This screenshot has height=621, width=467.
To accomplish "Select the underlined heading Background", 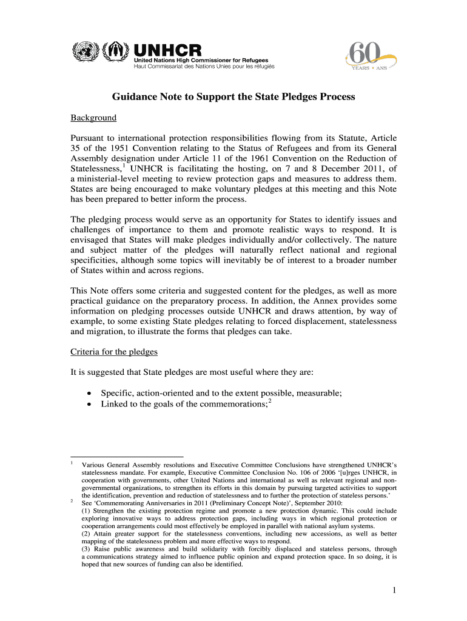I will click(93, 118).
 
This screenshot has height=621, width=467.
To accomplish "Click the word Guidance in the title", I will click(133, 97).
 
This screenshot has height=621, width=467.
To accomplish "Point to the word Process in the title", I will click(337, 97).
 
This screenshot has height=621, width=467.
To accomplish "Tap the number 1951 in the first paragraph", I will click(118, 148).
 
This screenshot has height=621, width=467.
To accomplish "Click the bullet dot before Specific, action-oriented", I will click(89, 393).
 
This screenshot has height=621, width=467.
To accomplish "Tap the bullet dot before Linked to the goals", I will click(89, 404).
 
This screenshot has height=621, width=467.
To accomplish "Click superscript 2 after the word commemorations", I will click(270, 401).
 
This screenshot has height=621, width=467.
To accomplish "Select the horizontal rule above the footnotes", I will click(127, 456).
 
